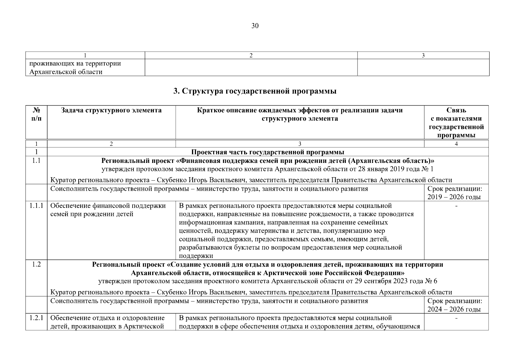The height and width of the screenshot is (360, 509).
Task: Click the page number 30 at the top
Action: pyautogui.click(x=255, y=26)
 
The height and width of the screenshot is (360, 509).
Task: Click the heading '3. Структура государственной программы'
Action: pyautogui.click(x=255, y=91)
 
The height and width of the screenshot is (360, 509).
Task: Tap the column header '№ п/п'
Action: pyautogui.click(x=36, y=114)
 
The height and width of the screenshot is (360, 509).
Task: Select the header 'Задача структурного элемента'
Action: pyautogui.click(x=111, y=110)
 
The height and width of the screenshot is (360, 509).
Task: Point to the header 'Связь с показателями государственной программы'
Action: pyautogui.click(x=456, y=122)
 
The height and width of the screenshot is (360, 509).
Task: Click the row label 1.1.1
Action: pyautogui.click(x=36, y=206)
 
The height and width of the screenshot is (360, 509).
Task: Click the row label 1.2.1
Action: pyautogui.click(x=36, y=318)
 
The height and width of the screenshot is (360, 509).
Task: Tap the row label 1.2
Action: pyautogui.click(x=36, y=265)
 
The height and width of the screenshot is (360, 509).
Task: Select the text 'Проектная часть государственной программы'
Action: pyautogui.click(x=268, y=152)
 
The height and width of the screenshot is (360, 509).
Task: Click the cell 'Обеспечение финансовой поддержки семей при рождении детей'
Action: pyautogui.click(x=108, y=210)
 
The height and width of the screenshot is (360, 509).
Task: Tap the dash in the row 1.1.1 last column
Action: pyautogui.click(x=456, y=206)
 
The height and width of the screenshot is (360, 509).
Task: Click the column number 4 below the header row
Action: pyautogui.click(x=456, y=144)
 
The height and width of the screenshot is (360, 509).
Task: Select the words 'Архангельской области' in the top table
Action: pyautogui.click(x=66, y=72)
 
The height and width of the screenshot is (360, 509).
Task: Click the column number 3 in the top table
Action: pyautogui.click(x=423, y=55)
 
